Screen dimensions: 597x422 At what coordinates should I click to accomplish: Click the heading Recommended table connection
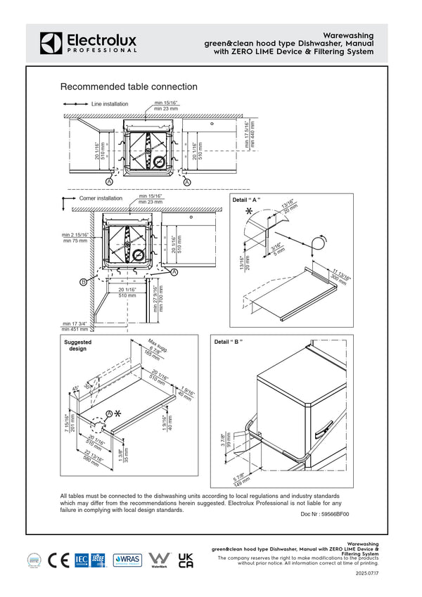coord(129,87)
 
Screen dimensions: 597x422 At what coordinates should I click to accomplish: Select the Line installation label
coord(110,104)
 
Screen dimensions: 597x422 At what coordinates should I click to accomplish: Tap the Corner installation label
coord(101,198)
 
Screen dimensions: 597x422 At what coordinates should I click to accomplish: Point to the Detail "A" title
coord(246,200)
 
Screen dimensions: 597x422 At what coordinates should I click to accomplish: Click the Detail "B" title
coord(229,342)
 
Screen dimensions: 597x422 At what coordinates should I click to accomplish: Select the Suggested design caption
coord(77,345)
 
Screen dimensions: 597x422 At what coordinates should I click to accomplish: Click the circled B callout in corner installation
coord(83,281)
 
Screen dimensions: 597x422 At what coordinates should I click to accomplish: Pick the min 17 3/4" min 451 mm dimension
coord(75,326)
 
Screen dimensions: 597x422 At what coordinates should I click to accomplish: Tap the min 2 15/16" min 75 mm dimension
coord(75,238)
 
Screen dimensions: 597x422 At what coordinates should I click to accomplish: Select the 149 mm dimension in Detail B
coord(239,479)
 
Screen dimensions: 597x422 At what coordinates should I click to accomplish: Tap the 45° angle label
coord(75,388)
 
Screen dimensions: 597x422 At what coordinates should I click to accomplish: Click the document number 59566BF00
coord(325,514)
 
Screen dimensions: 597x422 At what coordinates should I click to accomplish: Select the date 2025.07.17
coord(367,574)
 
